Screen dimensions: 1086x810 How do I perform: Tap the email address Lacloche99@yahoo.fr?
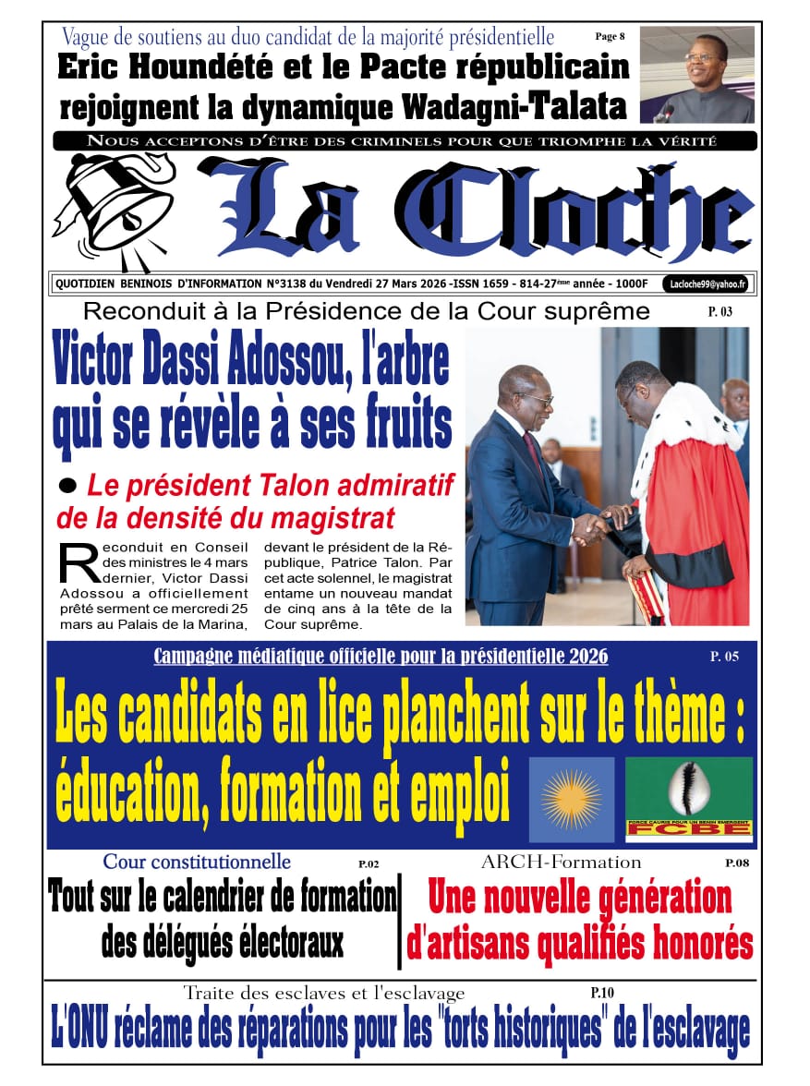709,284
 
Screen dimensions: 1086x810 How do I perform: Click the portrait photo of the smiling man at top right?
696,75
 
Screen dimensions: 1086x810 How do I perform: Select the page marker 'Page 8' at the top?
610,36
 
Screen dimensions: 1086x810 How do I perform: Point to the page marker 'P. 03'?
720,312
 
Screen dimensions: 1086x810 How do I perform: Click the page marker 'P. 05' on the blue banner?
723,657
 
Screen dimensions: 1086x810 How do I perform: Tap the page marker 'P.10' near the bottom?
602,993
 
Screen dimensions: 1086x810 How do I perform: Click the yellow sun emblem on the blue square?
571,799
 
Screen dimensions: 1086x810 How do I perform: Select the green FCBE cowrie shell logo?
688,799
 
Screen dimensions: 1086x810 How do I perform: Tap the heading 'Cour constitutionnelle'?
197,862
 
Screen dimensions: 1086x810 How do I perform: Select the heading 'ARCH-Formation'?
561,862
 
